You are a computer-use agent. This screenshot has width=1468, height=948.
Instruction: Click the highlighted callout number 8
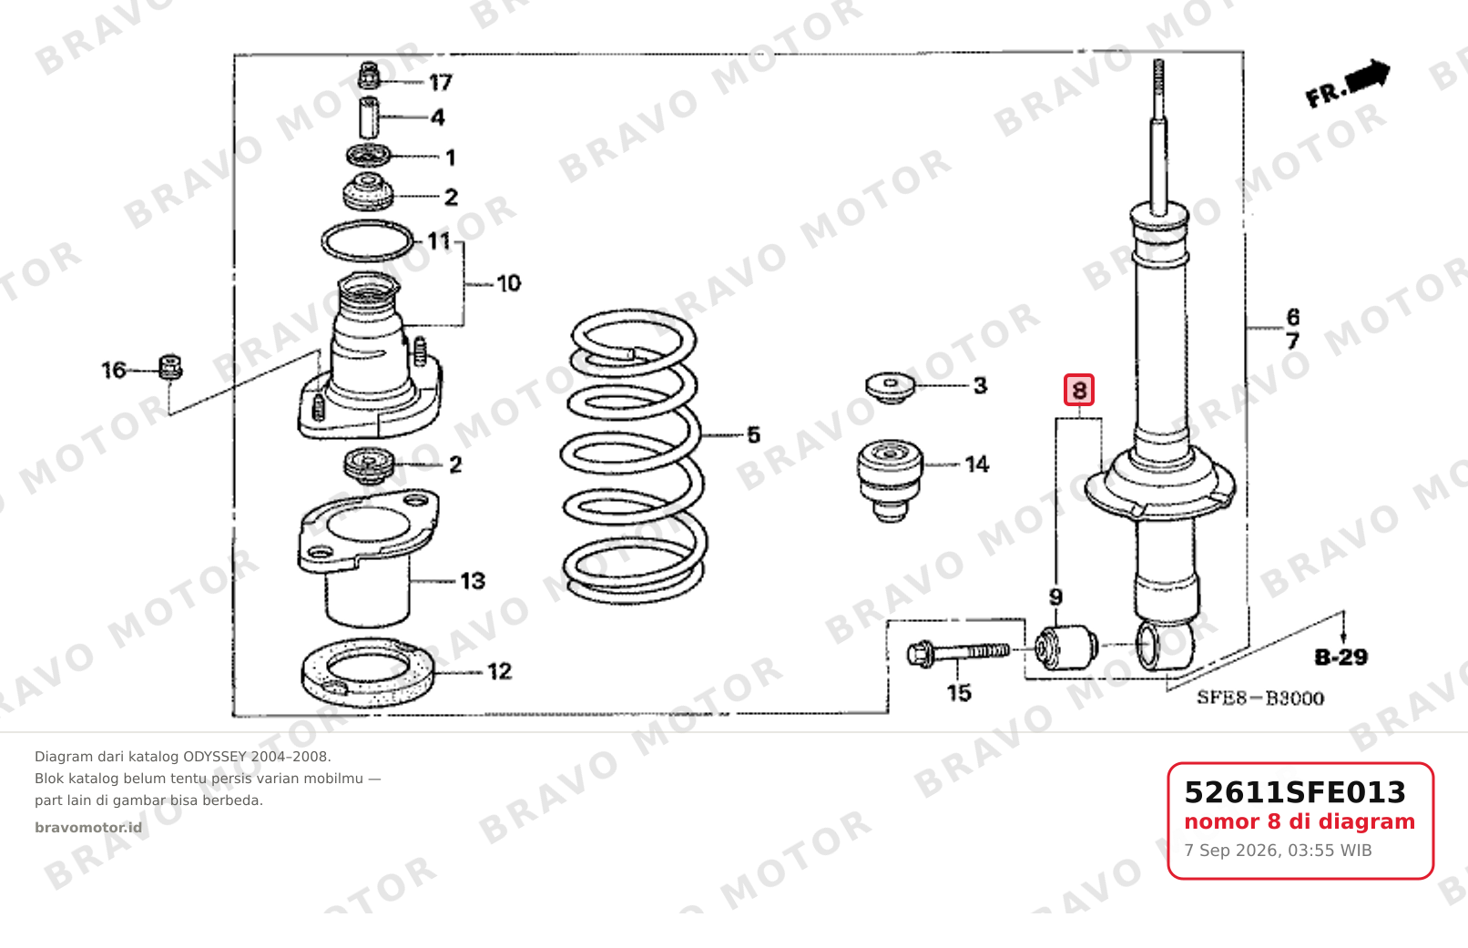click(x=1079, y=391)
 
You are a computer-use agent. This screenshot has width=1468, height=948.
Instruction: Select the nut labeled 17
click(x=369, y=76)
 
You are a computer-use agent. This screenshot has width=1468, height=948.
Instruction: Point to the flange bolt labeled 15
click(x=958, y=653)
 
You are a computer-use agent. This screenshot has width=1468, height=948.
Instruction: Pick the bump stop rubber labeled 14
click(x=890, y=480)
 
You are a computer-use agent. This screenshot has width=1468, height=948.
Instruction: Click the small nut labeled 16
click(x=170, y=367)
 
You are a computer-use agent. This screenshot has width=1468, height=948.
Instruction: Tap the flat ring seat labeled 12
click(x=368, y=673)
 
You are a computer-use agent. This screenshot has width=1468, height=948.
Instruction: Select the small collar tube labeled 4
click(x=369, y=117)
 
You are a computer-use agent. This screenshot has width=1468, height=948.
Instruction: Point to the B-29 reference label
click(x=1341, y=657)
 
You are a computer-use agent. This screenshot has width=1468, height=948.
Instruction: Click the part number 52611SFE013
click(x=1295, y=792)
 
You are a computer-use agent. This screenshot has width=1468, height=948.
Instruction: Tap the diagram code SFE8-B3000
click(x=1260, y=698)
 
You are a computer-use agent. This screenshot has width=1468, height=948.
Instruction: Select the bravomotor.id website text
click(x=88, y=828)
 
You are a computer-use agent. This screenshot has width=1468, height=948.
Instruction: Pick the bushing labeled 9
click(x=1065, y=647)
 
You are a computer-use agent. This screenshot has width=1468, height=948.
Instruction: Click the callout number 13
click(x=473, y=581)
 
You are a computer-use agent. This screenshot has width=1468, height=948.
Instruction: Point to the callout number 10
click(x=508, y=284)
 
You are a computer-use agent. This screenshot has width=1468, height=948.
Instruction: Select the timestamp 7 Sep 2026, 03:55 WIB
click(x=1278, y=851)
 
